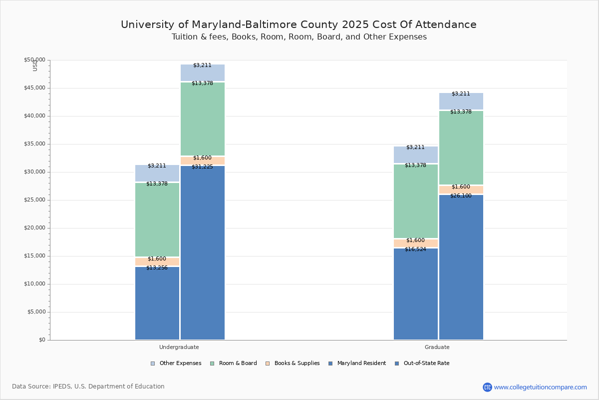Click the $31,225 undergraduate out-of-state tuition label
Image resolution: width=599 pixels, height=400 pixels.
coord(202,167)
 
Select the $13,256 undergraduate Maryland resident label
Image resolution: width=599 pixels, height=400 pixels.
coord(157,268)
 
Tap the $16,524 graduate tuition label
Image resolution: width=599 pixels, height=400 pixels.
coord(415,249)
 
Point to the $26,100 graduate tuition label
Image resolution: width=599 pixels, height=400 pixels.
coord(461,196)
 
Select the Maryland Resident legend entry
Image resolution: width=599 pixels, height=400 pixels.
coord(361,363)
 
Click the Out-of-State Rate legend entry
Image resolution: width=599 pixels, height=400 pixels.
coord(426,363)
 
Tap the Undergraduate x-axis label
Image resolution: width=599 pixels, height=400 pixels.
coord(179,347)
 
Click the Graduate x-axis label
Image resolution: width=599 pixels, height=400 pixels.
coord(437,347)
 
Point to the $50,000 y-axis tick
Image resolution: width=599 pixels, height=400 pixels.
coord(34,60)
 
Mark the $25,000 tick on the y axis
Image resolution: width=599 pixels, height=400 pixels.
coord(34,200)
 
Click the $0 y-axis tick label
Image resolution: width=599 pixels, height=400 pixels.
coord(42,340)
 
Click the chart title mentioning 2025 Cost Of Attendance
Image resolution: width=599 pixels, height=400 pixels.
coord(299,24)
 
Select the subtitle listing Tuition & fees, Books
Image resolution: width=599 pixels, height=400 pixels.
coord(299,37)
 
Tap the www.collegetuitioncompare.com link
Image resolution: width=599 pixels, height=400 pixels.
coord(540,387)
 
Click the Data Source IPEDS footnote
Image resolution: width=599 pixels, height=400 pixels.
coord(88,386)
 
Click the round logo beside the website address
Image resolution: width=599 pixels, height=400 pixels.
coord(487,387)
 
